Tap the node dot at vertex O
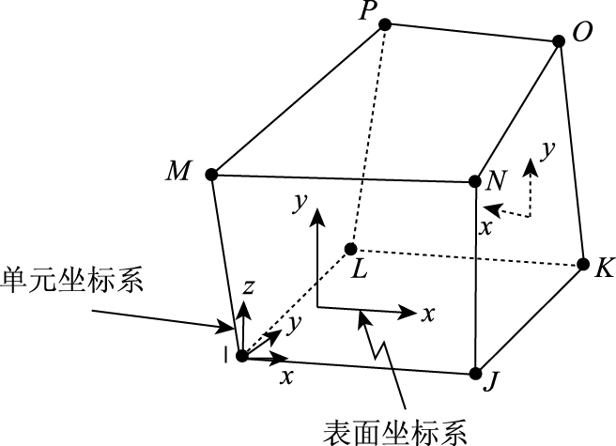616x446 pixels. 557,41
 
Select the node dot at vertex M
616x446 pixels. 211,174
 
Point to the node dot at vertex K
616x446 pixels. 582,264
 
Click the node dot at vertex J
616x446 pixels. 476,373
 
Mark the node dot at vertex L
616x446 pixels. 350,249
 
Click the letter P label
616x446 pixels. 365,11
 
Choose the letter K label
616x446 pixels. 604,268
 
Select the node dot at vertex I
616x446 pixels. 241,356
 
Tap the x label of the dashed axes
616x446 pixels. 485,226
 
